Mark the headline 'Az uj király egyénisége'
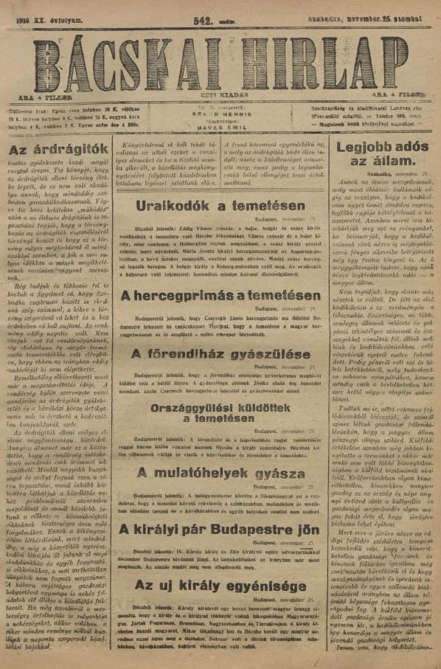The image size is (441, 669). (212, 586)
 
